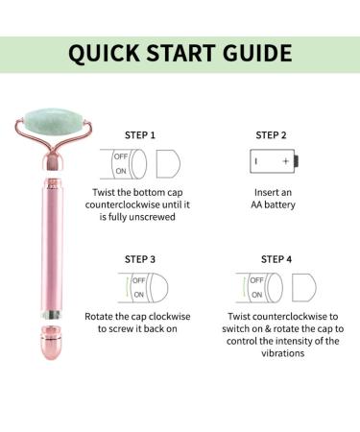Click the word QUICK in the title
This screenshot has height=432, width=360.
click(104, 54)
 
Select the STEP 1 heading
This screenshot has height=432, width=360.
click(140, 135)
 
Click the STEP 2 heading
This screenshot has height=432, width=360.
click(271, 135)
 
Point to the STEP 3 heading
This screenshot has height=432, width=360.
click(140, 259)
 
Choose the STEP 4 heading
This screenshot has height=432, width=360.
click(276, 259)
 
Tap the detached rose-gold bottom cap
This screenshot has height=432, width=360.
click(51, 343)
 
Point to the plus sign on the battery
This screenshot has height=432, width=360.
click(285, 161)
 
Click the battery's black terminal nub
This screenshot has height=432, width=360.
click(297, 161)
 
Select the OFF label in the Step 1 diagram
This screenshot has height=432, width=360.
click(121, 156)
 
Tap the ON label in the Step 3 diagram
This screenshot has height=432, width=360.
click(138, 295)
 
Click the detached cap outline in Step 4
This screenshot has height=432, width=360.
click(304, 287)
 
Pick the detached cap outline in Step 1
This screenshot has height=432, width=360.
click(168, 164)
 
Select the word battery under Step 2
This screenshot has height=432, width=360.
click(279, 205)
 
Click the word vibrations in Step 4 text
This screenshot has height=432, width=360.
click(282, 353)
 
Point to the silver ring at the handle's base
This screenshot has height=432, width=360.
click(52, 315)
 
